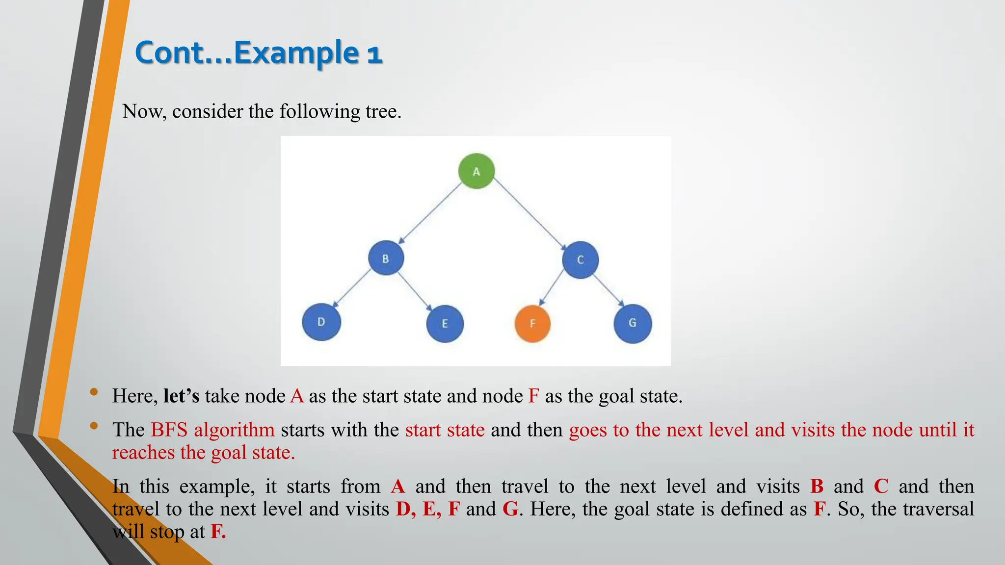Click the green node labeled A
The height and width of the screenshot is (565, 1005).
pyautogui.click(x=476, y=171)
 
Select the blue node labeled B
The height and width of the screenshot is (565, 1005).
pyautogui.click(x=386, y=258)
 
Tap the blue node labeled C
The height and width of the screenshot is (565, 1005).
pyautogui.click(x=580, y=259)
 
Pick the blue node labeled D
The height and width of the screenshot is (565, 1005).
pyautogui.click(x=321, y=322)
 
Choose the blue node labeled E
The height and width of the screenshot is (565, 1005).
pyautogui.click(x=445, y=323)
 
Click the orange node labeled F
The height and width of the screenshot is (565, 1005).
pyautogui.click(x=532, y=323)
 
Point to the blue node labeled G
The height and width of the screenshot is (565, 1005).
pyautogui.click(x=633, y=323)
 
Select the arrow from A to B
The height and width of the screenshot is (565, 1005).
pyautogui.click(x=430, y=213)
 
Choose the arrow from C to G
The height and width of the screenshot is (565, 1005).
pyautogui.click(x=608, y=290)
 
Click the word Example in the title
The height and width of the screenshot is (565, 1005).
pyautogui.click(x=296, y=52)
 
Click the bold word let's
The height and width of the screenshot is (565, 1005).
pyautogui.click(x=181, y=396)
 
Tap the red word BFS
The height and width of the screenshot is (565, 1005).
pyautogui.click(x=169, y=430)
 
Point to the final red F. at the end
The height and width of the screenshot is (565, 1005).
pyautogui.click(x=218, y=532)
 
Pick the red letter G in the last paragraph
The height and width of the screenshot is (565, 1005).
pyautogui.click(x=510, y=509)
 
